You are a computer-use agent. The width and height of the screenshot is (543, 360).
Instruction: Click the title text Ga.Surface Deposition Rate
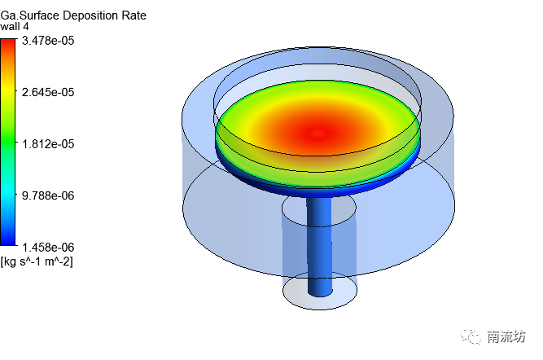(73, 15)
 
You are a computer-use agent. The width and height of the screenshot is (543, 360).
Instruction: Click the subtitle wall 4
(15, 27)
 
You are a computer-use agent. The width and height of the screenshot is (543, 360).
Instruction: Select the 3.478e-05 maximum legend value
(48, 41)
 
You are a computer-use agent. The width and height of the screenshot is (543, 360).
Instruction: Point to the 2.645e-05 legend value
(48, 92)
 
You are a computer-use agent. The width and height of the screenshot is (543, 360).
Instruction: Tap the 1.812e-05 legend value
(48, 144)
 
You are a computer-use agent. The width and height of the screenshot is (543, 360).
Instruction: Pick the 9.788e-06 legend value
(48, 195)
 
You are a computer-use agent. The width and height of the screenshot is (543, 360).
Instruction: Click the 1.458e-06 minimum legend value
(48, 248)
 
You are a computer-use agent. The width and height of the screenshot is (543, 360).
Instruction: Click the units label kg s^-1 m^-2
(37, 261)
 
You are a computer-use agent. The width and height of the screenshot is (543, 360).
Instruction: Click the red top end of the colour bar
(8, 42)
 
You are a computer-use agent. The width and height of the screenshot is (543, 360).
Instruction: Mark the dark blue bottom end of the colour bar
(8, 242)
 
